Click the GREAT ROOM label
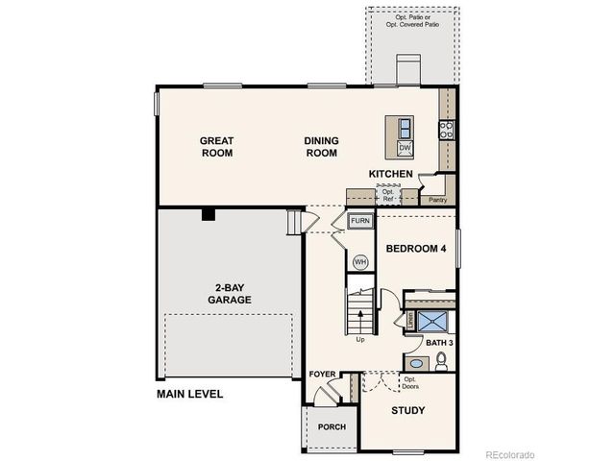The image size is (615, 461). coord(216,146)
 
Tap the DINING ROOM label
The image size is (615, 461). coord(321,146)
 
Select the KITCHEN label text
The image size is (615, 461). coord(391,174)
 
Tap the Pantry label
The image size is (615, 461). coord(438,200)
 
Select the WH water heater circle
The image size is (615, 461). coord(360,261)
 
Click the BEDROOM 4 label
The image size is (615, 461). coord(417,249)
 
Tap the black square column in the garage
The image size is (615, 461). coord(208,215)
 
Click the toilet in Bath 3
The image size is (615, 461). coord(441,361)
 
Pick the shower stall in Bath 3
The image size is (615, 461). coord(432,320)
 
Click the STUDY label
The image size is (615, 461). coord(408,411)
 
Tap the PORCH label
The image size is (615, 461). coord(332,427)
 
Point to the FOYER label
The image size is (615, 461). coord(323,374)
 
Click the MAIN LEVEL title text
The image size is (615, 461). coord(190,394)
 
